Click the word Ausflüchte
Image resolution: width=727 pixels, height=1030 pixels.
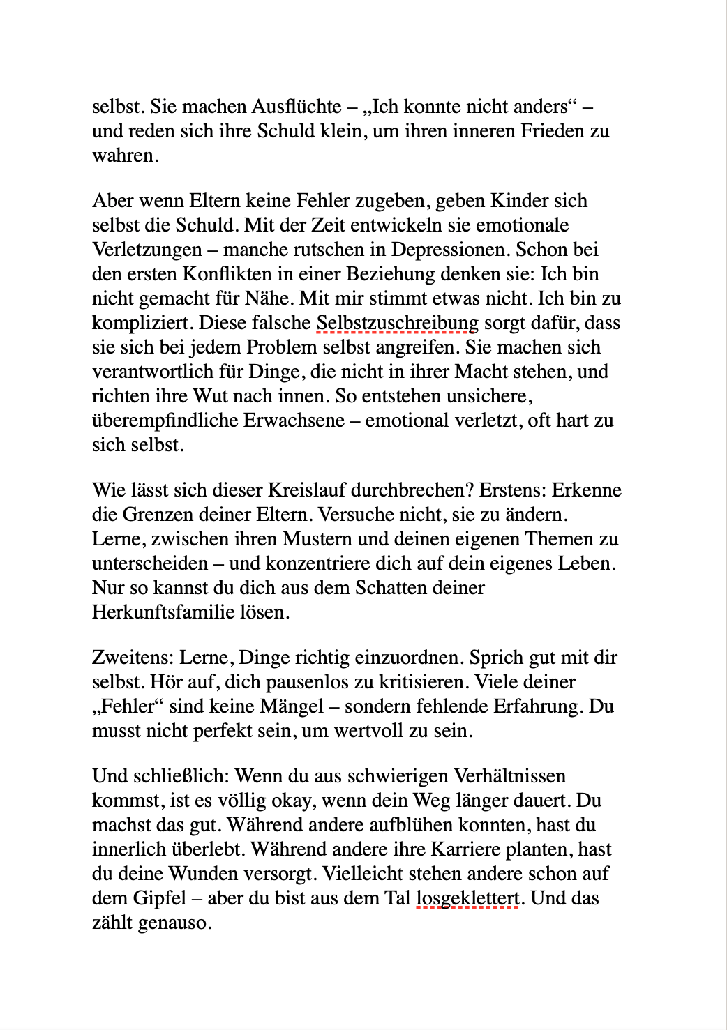pyautogui.click(x=297, y=107)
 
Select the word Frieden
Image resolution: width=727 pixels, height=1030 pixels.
pyautogui.click(x=555, y=131)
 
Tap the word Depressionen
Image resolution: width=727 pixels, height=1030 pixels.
pyautogui.click(x=451, y=250)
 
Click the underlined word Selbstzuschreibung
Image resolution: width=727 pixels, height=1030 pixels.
pyautogui.click(x=397, y=323)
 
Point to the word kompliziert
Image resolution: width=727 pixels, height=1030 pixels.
pyautogui.click(x=142, y=323)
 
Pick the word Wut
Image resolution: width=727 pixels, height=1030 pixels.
pyautogui.click(x=210, y=396)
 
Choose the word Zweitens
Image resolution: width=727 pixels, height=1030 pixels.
pyautogui.click(x=133, y=658)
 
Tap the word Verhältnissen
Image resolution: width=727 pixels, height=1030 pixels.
pyautogui.click(x=510, y=776)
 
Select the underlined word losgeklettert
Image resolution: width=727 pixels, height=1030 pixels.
pyautogui.click(x=467, y=898)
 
